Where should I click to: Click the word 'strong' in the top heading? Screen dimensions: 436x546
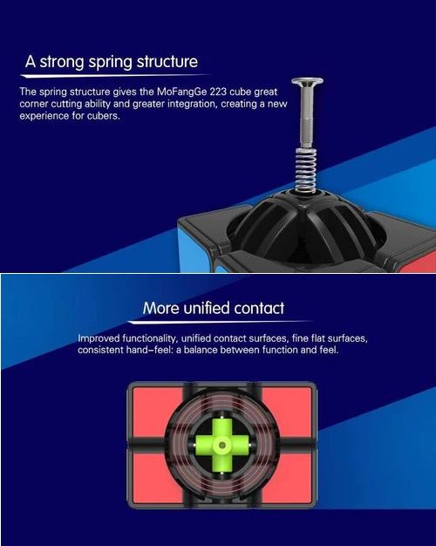click(61, 62)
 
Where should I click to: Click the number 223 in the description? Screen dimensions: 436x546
click(218, 92)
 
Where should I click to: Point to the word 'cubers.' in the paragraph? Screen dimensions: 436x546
click(104, 116)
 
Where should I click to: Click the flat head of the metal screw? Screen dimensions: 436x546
click(307, 82)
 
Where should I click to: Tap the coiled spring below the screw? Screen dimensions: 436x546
click(306, 170)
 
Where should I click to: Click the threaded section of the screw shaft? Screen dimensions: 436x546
click(306, 132)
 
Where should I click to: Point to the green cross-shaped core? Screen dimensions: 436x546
click(221, 445)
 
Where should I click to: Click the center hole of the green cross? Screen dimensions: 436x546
click(221, 445)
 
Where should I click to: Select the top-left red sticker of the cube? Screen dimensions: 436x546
click(157, 412)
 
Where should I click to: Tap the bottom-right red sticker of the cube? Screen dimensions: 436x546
click(287, 478)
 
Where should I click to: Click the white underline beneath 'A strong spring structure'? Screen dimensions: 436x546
click(115, 75)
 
